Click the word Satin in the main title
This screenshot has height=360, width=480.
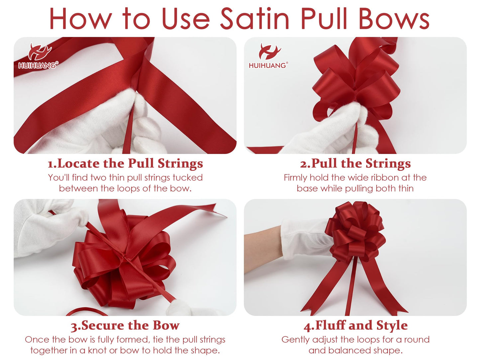(255, 19)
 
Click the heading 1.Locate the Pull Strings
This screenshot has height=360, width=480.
(125, 164)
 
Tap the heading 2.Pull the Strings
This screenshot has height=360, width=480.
(355, 164)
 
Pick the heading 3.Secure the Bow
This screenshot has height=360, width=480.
(125, 325)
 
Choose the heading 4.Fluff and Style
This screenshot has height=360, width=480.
(355, 325)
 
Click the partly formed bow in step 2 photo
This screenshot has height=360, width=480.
(355, 80)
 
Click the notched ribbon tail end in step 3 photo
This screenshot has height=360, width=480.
(216, 209)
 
